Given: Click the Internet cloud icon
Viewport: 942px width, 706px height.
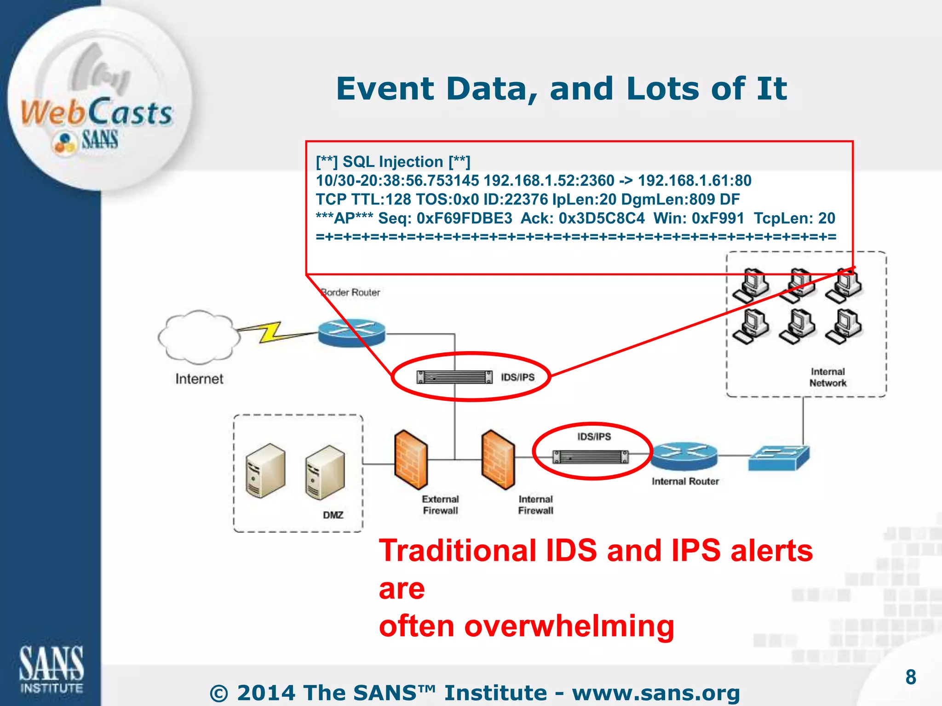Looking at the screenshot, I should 199,336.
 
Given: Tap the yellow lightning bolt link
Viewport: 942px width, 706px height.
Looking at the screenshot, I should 271,332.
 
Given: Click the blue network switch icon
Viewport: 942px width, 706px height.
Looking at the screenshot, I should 778,458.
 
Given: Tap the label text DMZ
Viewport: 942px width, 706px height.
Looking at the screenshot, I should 333,515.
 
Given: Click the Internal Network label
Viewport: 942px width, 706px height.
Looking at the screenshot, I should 827,377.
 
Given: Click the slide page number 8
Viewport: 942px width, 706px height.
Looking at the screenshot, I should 910,677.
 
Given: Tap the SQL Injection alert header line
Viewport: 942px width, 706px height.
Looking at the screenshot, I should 393,162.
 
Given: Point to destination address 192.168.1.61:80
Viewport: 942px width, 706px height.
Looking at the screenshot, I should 695,181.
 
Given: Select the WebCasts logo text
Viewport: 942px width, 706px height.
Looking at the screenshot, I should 97,113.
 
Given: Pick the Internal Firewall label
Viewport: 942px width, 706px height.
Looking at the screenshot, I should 535,505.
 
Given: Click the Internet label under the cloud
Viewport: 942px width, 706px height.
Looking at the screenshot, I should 199,379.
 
